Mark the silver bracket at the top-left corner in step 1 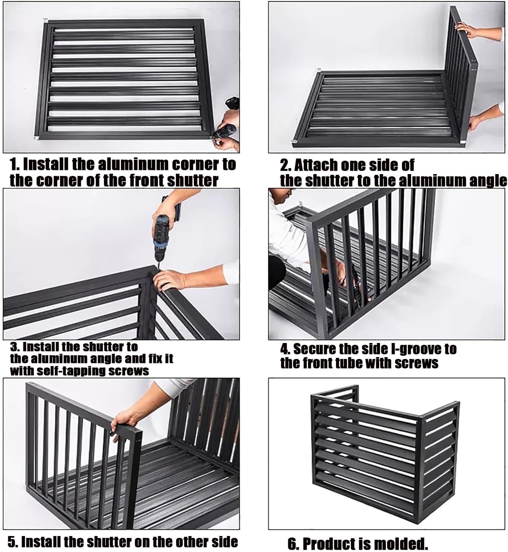[45, 21]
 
